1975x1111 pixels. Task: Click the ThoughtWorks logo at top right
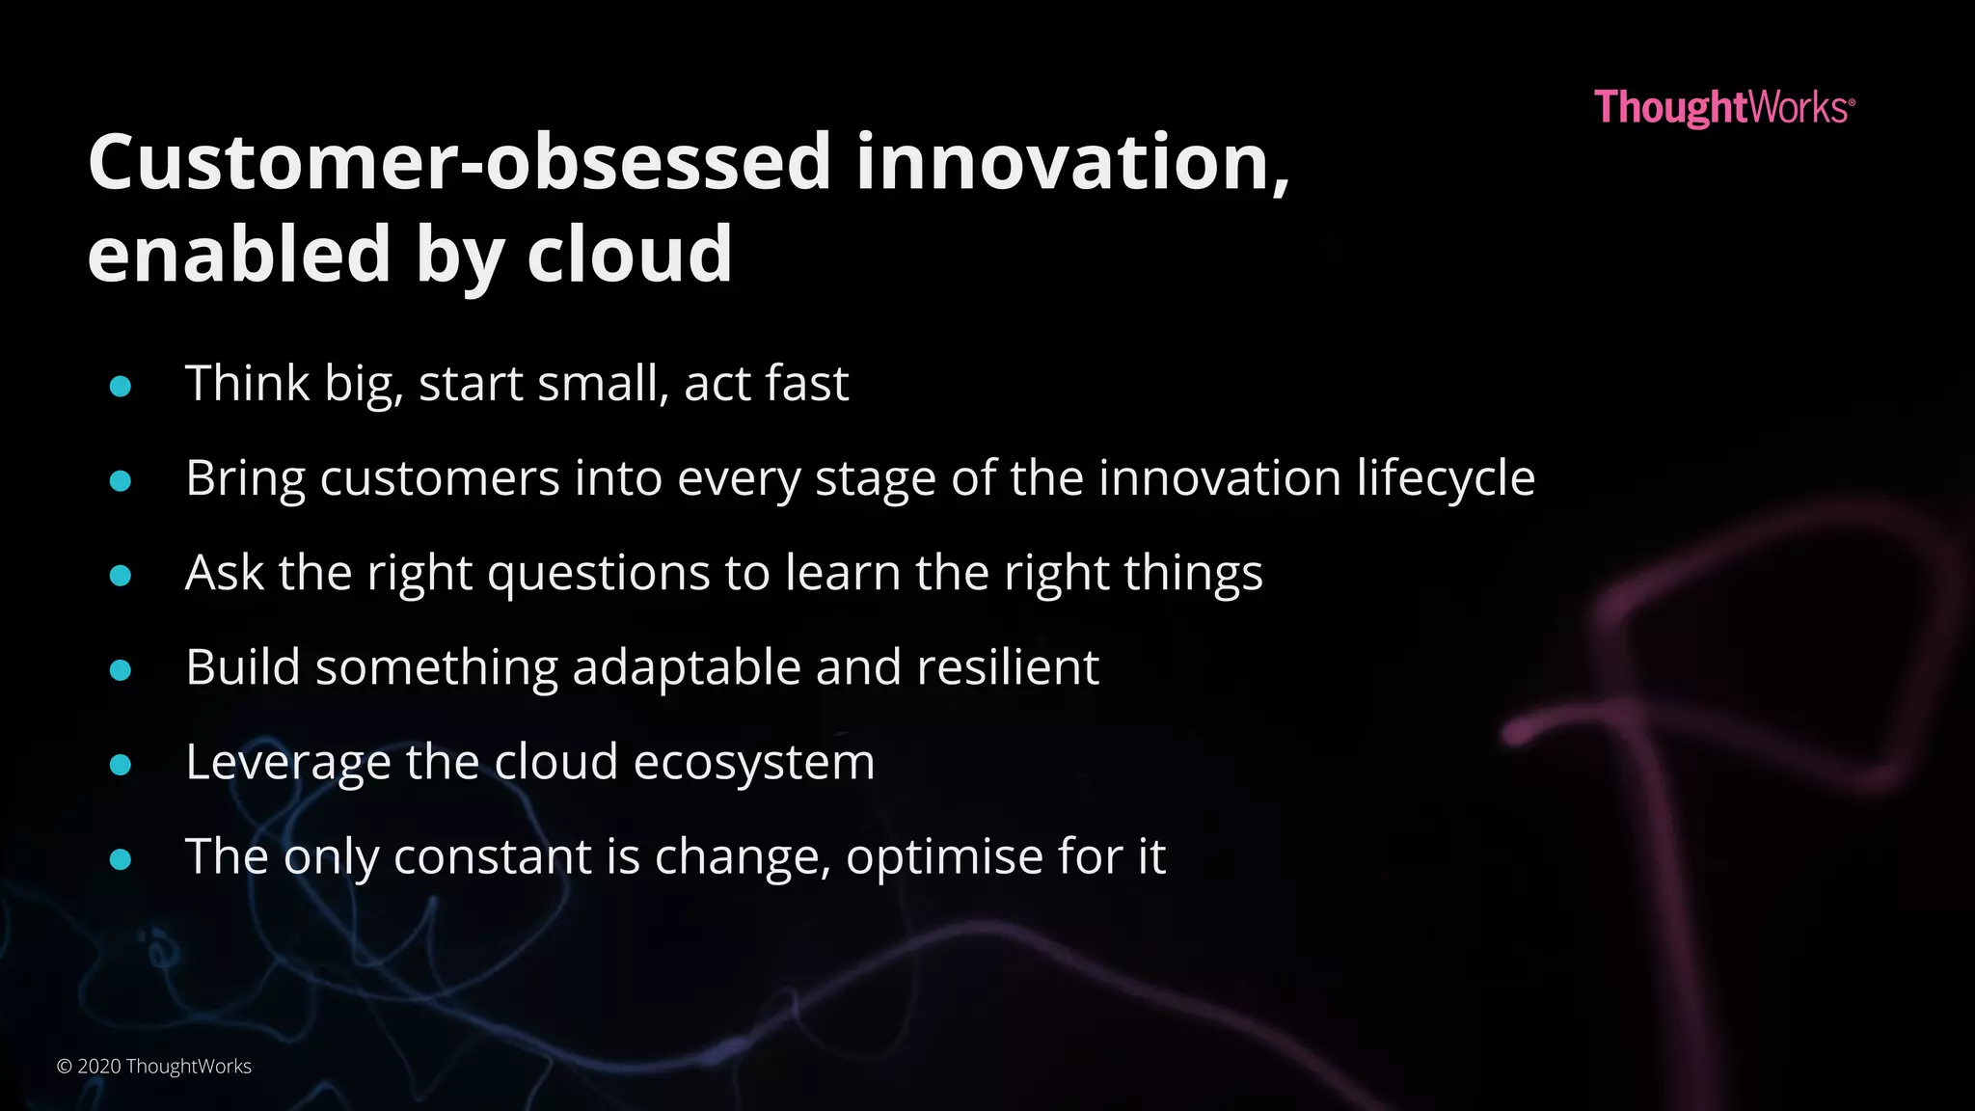[1723, 107]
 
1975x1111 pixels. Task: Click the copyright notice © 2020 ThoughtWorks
[154, 1066]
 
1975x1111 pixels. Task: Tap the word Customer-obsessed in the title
[459, 162]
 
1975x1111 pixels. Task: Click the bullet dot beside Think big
[121, 387]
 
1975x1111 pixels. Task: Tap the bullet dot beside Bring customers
[121, 480]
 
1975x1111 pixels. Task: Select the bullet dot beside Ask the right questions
[121, 576]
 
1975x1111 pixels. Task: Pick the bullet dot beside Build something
[121, 669]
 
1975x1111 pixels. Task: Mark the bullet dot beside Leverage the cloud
[121, 765]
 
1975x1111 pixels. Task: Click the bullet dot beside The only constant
[121, 858]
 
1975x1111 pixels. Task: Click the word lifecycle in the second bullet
[1446, 478]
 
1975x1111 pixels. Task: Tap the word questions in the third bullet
[599, 574]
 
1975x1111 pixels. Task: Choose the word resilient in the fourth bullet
[1007, 666]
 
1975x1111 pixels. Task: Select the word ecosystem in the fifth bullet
[754, 762]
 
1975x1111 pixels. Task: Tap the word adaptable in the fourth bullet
[687, 667]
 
